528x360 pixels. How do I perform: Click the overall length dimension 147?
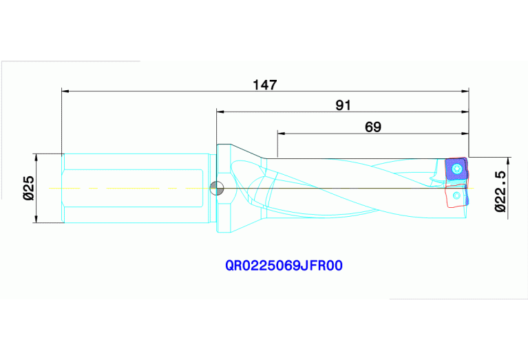point(264,85)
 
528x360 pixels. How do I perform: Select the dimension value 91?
point(343,105)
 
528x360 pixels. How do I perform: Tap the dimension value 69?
point(372,127)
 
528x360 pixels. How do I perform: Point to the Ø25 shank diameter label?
point(28,187)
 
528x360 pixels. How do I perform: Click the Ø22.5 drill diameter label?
point(501,189)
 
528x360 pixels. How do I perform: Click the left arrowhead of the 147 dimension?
point(65,90)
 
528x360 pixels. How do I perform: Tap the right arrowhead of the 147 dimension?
point(465,90)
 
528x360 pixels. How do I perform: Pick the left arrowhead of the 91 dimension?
point(220,111)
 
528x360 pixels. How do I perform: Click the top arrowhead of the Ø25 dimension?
point(35,156)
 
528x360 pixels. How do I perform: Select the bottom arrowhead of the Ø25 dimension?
point(35,219)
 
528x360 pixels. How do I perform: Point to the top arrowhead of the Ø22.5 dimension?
point(507,160)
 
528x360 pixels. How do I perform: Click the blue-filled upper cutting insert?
point(456,169)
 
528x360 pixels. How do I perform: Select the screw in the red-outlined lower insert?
point(457,196)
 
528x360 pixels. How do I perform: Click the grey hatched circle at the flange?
point(216,187)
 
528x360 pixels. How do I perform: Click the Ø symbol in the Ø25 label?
point(28,197)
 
